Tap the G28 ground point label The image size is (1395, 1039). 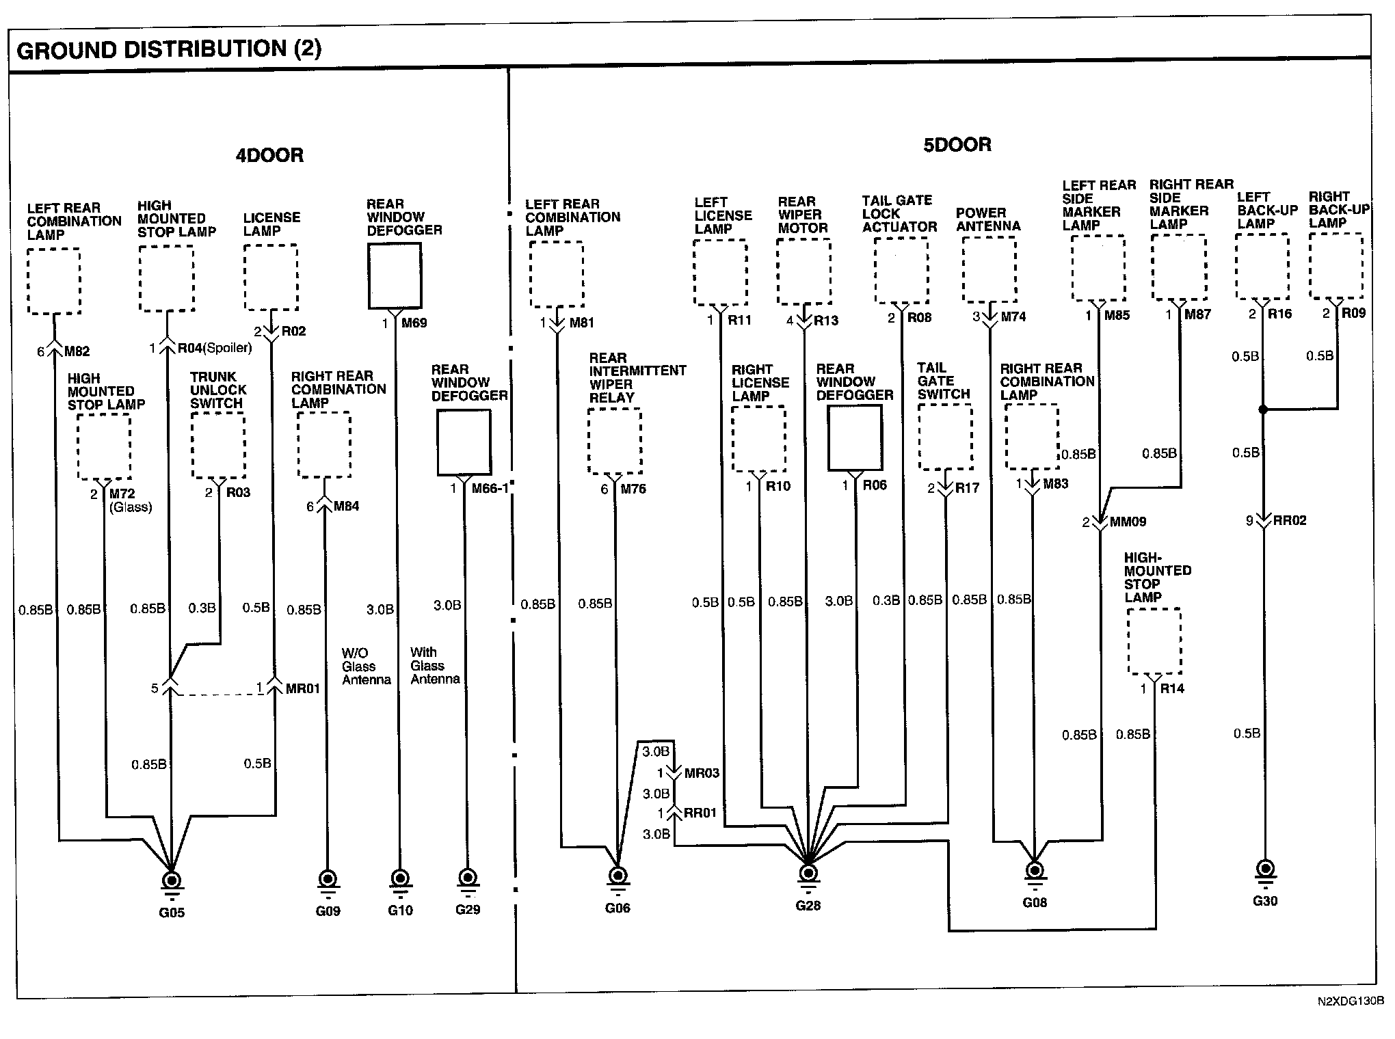pos(808,906)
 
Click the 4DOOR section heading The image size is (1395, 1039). pos(269,155)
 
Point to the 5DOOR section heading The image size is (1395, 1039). pos(957,145)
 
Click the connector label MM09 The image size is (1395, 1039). pos(1128,522)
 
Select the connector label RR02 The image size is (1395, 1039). pos(1289,521)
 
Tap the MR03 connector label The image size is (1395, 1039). pos(702,774)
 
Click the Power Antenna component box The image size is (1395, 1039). pos(989,269)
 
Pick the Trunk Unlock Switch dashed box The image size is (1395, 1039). pos(218,445)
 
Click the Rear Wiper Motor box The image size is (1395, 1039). pos(803,271)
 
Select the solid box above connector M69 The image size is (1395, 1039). pos(395,276)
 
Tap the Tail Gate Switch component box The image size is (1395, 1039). pos(945,437)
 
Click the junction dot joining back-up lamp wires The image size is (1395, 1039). pos(1263,409)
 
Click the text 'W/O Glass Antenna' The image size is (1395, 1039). pos(366,666)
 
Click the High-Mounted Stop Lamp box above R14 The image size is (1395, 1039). pos(1154,641)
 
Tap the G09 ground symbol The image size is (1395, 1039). pos(328,879)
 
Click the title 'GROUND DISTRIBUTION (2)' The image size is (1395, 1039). pos(169,49)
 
